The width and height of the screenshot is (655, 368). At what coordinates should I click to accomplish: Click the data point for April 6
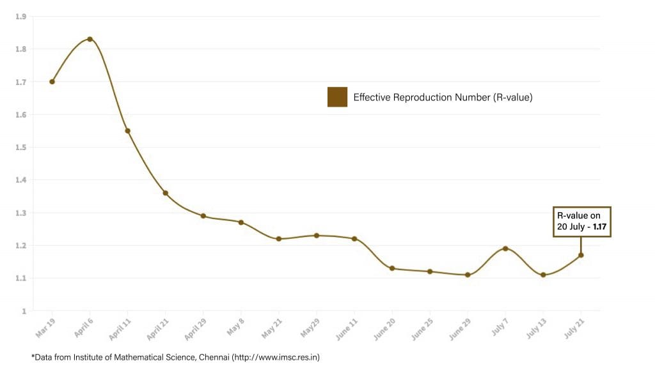(90, 39)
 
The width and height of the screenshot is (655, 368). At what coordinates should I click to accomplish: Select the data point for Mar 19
(52, 82)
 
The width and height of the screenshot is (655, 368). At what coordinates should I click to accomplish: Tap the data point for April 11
(127, 131)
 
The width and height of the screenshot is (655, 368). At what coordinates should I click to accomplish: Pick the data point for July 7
(505, 249)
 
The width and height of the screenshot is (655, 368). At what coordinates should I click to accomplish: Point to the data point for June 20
(392, 268)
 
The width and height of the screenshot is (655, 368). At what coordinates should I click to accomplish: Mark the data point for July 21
(581, 255)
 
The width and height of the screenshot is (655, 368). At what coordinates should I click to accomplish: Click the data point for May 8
(241, 222)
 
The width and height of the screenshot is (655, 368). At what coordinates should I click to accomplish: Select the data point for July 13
(543, 275)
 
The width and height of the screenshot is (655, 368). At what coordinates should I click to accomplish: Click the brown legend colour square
(337, 97)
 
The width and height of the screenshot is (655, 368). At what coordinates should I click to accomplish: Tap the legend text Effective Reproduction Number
(443, 98)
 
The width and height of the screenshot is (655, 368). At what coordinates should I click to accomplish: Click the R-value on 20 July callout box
(582, 222)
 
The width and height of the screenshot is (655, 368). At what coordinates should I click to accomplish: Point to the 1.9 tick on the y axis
(22, 16)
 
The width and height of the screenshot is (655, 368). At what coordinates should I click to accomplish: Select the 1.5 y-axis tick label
(22, 148)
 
